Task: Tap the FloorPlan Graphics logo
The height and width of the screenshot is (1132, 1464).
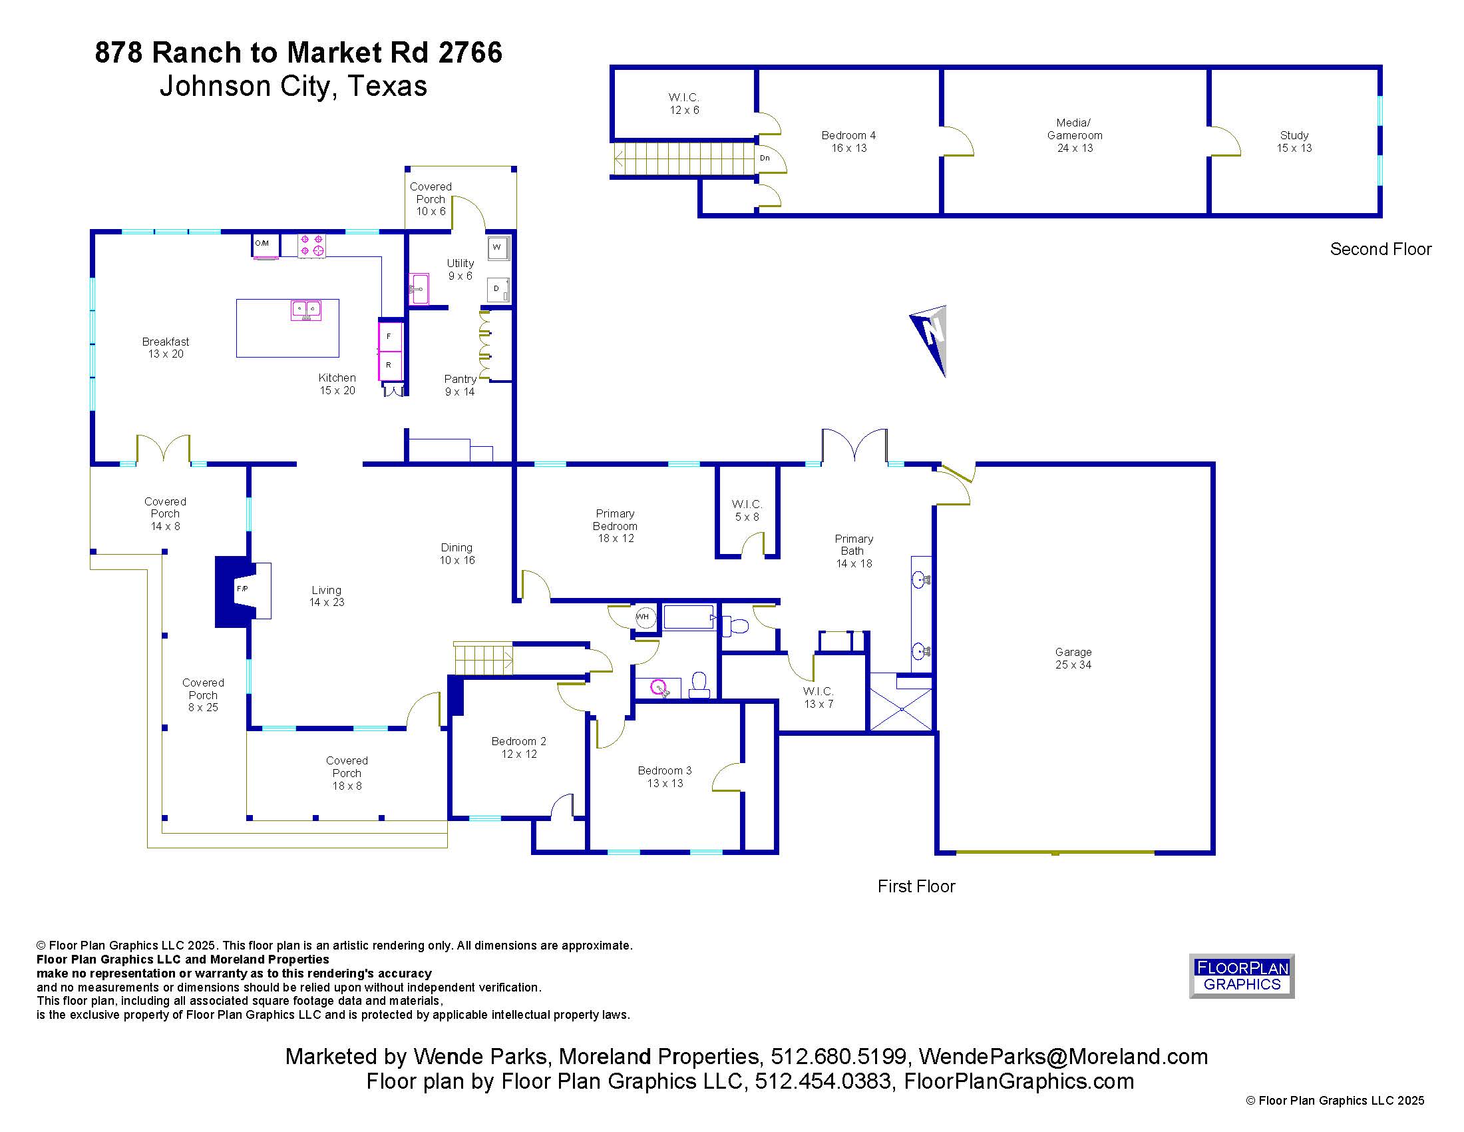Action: pyautogui.click(x=1242, y=976)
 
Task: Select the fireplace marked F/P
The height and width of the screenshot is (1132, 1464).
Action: pyautogui.click(x=243, y=591)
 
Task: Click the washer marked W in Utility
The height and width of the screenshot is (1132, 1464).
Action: pyautogui.click(x=497, y=248)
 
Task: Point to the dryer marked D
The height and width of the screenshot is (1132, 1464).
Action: pyautogui.click(x=497, y=289)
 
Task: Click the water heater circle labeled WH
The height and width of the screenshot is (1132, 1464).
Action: pyautogui.click(x=644, y=617)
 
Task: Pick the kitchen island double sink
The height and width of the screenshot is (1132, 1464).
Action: pyautogui.click(x=305, y=310)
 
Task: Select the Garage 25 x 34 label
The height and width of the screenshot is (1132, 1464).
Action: pyautogui.click(x=1073, y=658)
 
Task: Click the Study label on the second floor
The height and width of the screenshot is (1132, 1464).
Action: pyautogui.click(x=1294, y=135)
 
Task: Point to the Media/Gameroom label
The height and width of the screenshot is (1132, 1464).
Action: pyautogui.click(x=1075, y=129)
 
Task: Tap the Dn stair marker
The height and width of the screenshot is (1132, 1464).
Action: pyautogui.click(x=765, y=158)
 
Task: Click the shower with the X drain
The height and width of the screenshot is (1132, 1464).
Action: pyautogui.click(x=901, y=708)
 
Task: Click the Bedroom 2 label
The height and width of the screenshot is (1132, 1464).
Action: pyautogui.click(x=519, y=741)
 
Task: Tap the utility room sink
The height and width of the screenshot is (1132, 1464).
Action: pyautogui.click(x=420, y=288)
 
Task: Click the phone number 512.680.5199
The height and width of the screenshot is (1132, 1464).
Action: pyautogui.click(x=838, y=1056)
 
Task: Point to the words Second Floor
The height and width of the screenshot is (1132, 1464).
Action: pyautogui.click(x=1380, y=249)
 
